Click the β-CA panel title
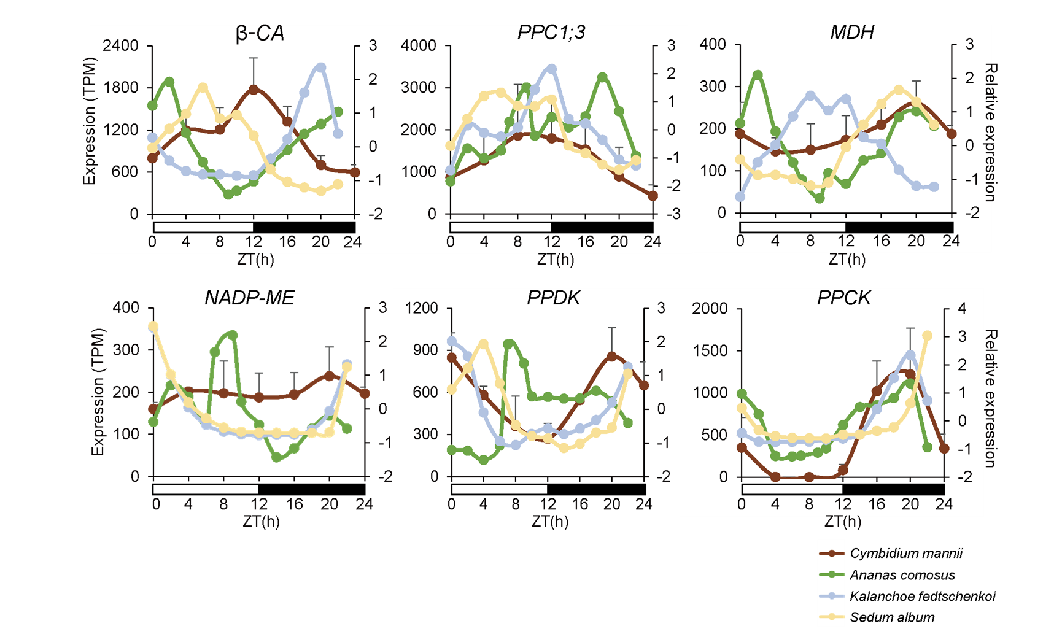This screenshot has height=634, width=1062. pos(260,34)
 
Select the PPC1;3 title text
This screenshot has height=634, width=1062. pos(551,33)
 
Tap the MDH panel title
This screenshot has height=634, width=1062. pos(851,33)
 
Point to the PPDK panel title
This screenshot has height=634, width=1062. pos(553,298)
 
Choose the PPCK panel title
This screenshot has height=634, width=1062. pos(843,298)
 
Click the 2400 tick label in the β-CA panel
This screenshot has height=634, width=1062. pos(121,45)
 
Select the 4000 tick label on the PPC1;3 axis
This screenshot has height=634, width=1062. pos(418,45)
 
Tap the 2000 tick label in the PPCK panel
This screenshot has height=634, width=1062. pos(710,308)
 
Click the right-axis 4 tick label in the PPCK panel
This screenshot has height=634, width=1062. pos(962,308)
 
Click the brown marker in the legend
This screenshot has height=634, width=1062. pos(832,553)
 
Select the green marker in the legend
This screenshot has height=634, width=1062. pos(832,574)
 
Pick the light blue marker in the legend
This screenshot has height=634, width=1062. pos(832,595)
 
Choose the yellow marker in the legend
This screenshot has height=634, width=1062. pos(832,616)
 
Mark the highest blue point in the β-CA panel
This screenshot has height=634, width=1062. pos(321,68)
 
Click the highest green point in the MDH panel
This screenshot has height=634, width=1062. pos(758,75)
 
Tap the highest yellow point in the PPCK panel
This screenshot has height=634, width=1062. pos(927,336)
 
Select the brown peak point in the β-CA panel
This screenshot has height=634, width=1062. pos(254,89)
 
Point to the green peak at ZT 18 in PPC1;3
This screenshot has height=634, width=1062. pos(602,77)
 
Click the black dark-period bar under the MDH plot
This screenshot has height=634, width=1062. pos(899,226)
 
